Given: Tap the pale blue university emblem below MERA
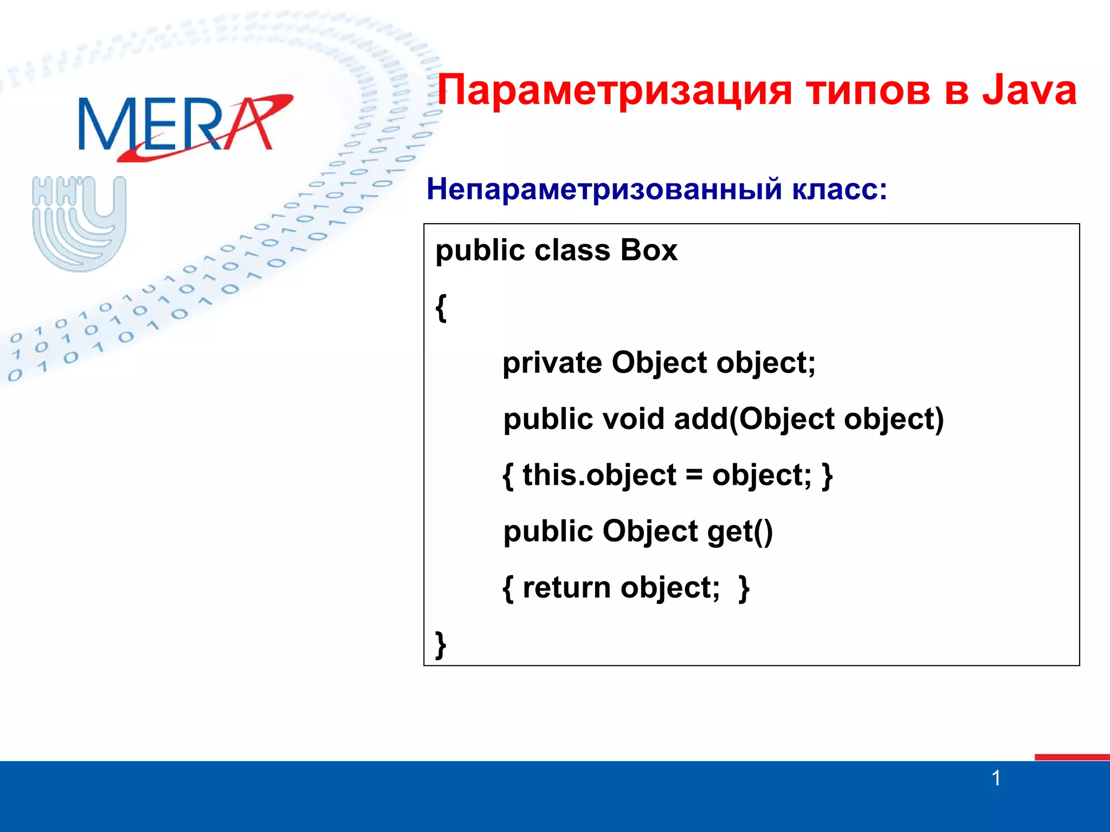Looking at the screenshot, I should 79,223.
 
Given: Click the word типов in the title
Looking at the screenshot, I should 868,90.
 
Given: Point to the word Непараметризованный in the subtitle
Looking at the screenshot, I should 604,190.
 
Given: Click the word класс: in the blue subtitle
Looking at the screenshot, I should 840,190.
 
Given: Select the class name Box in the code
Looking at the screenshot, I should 649,250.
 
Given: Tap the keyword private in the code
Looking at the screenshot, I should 552,362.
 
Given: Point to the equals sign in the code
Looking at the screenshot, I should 694,476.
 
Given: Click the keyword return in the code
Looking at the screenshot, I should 566,588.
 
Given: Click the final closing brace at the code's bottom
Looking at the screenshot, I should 441,644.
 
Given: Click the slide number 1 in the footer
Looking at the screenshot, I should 996,778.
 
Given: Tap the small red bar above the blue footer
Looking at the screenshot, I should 1072,757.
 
